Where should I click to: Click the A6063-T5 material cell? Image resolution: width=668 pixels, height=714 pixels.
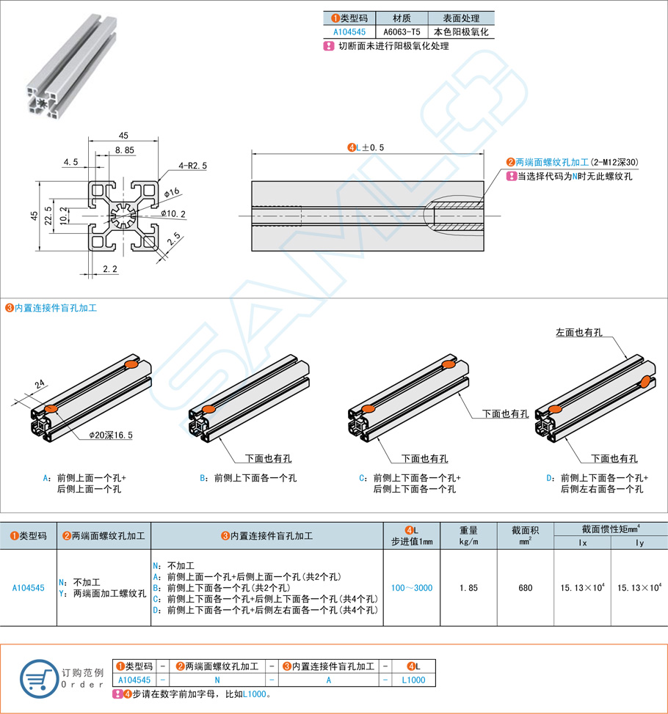tap(402, 32)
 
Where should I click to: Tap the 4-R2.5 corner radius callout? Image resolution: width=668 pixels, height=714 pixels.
tap(192, 166)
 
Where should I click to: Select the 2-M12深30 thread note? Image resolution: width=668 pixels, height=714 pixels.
tap(614, 163)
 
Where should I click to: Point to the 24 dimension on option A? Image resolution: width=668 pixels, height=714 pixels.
tap(40, 383)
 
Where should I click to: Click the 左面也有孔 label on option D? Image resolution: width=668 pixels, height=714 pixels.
tap(578, 333)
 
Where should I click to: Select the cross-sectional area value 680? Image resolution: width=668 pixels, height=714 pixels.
tap(525, 588)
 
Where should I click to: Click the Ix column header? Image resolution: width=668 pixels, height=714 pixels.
tap(582, 543)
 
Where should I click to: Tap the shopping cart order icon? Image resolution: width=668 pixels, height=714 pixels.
tap(38, 678)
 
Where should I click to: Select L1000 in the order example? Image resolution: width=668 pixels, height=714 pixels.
tap(414, 680)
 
